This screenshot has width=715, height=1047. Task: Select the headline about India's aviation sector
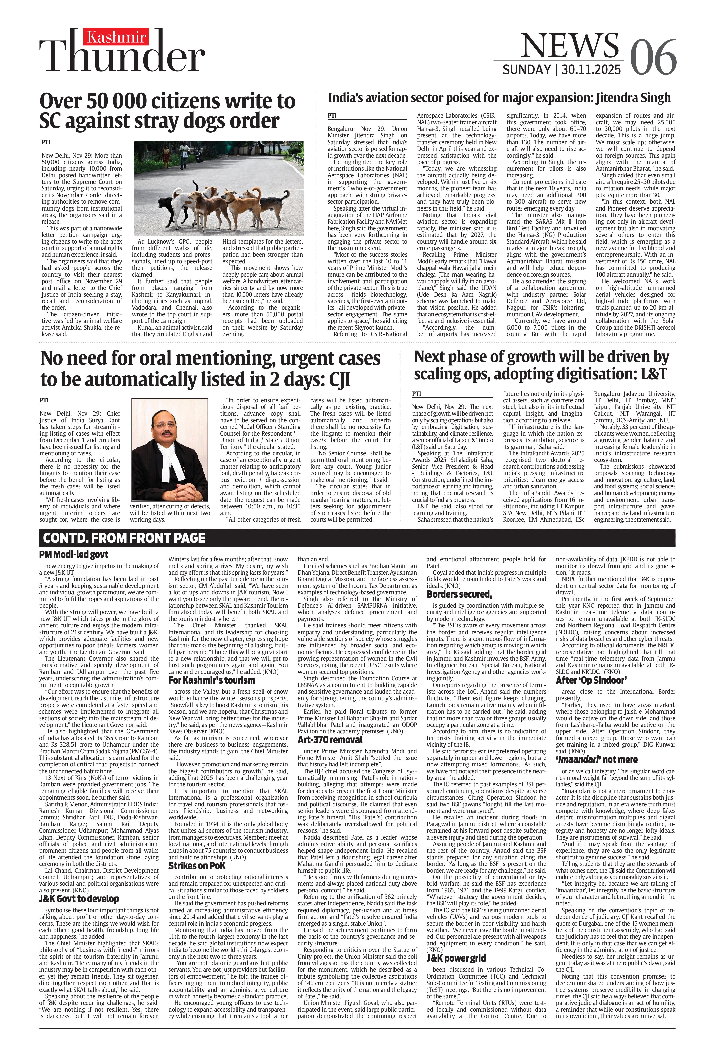(499, 98)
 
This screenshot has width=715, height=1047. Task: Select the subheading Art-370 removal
(330, 740)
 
